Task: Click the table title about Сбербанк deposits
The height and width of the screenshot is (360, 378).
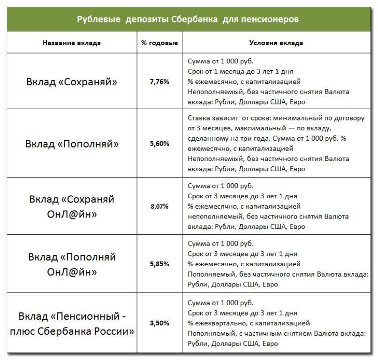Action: click(187, 20)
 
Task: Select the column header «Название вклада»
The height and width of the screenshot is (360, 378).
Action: click(72, 43)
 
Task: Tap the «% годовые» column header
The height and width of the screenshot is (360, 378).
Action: click(159, 43)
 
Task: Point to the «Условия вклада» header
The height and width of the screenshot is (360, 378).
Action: click(276, 43)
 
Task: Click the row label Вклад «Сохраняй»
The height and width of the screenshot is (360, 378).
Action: click(72, 82)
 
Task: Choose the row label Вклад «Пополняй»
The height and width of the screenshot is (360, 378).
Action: click(72, 143)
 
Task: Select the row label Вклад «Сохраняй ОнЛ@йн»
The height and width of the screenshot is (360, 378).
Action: click(72, 206)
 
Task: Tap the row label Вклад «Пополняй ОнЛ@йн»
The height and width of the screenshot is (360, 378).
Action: click(72, 264)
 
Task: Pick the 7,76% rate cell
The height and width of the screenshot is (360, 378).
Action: click(159, 82)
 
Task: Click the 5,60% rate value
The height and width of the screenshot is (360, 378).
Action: click(159, 144)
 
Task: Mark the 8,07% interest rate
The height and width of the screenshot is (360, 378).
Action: click(159, 206)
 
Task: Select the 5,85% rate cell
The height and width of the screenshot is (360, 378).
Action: click(159, 264)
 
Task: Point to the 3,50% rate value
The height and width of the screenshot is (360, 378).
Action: click(159, 323)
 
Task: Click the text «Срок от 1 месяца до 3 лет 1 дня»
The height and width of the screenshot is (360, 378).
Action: click(242, 71)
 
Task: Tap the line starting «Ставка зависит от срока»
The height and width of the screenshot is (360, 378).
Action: click(276, 118)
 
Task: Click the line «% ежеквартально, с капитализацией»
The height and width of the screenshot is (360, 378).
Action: click(248, 323)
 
